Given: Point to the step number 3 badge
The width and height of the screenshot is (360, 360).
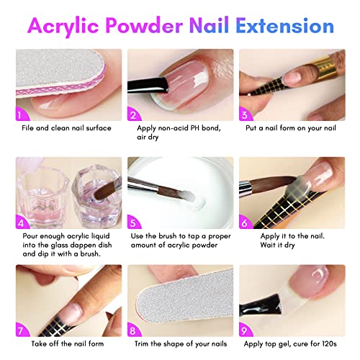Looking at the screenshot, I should tap(246, 113).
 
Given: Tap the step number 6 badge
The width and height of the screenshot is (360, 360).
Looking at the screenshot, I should tap(246, 221).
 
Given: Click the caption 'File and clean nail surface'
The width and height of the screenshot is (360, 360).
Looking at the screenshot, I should tap(66, 128).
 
